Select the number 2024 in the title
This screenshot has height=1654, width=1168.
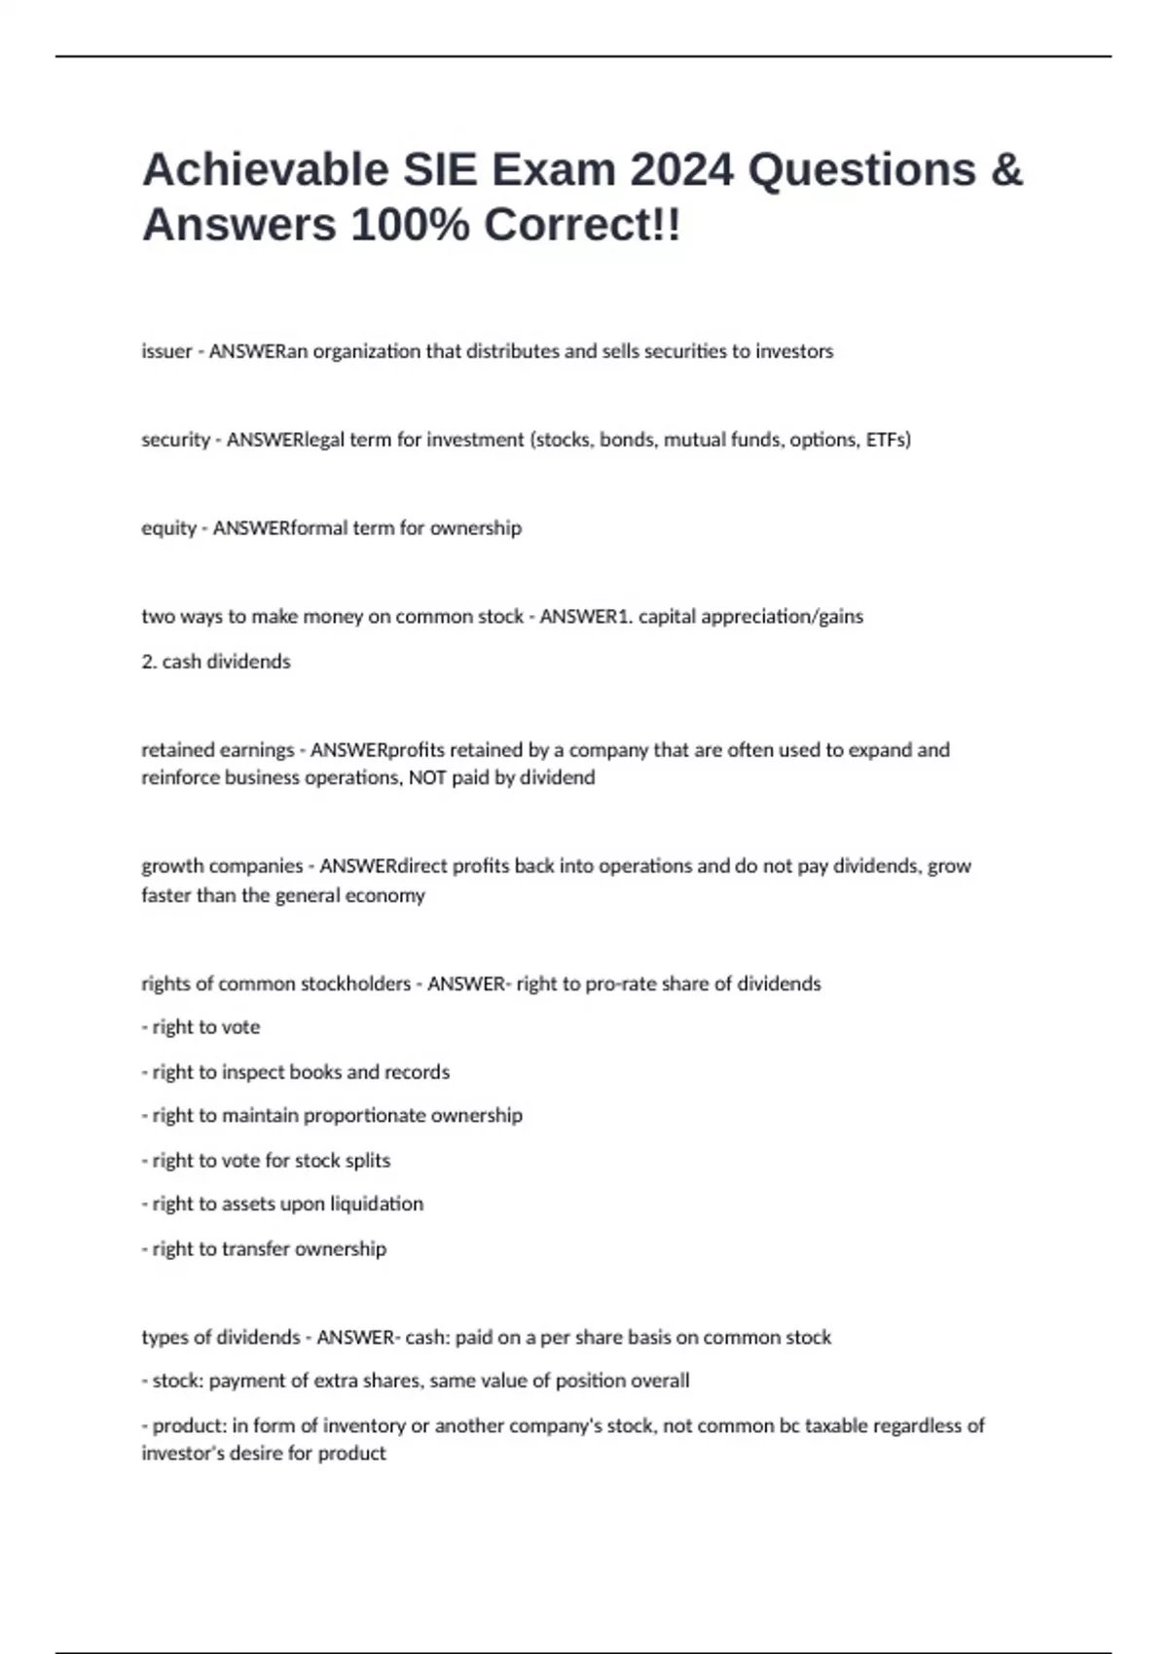click(x=681, y=170)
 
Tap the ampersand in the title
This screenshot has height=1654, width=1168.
click(x=1006, y=170)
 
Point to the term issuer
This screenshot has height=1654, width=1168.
click(x=166, y=351)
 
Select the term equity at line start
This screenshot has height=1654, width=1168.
click(x=168, y=528)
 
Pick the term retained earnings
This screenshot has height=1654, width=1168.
click(x=217, y=750)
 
